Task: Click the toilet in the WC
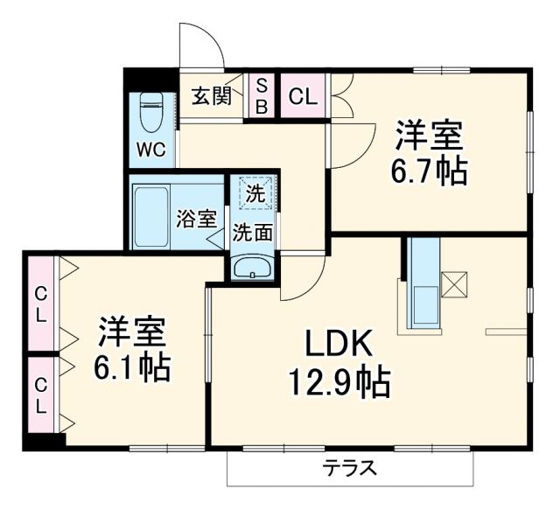151,112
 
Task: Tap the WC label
150,149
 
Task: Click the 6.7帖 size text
428,171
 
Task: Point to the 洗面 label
251,234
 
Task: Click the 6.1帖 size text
133,368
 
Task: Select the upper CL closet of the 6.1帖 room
39,304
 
